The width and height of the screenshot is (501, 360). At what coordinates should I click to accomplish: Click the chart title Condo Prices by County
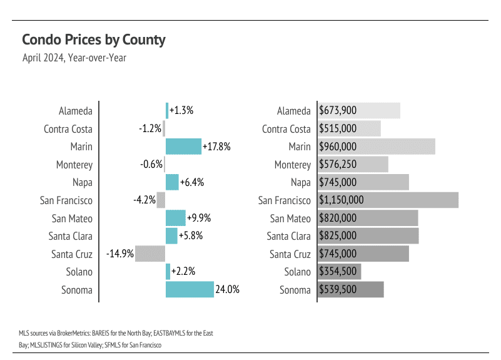[x=94, y=40]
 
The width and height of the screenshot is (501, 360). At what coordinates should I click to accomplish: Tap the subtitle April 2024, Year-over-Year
[x=74, y=58]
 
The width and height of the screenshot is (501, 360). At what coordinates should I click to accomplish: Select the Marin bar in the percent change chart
[x=183, y=147]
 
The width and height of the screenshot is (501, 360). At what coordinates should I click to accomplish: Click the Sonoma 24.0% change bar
[x=190, y=290]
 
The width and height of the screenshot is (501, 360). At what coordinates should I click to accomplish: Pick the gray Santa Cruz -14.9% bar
[x=150, y=254]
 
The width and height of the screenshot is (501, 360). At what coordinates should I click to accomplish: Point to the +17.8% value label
[x=217, y=147]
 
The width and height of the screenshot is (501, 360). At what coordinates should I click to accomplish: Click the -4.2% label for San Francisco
[x=144, y=200]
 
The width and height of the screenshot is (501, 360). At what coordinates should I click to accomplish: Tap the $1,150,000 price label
[x=342, y=200]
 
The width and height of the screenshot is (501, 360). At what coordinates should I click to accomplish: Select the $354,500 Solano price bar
[x=340, y=272]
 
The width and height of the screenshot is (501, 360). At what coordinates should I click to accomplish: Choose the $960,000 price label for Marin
[x=338, y=147]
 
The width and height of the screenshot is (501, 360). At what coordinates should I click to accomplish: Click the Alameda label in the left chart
[x=76, y=111]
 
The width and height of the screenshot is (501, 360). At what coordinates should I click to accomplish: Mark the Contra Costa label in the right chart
[x=286, y=129]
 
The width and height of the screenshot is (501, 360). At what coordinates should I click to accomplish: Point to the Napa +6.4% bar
[x=172, y=182]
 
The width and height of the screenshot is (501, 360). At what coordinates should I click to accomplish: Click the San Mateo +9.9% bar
[x=176, y=219]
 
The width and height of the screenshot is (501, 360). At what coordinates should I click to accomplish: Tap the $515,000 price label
[x=338, y=129]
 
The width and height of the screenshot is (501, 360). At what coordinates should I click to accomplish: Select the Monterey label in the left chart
[x=74, y=165]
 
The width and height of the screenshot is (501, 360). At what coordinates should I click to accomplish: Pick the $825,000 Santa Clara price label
[x=338, y=236]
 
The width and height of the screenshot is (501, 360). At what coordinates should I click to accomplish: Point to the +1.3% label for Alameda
[x=181, y=111]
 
